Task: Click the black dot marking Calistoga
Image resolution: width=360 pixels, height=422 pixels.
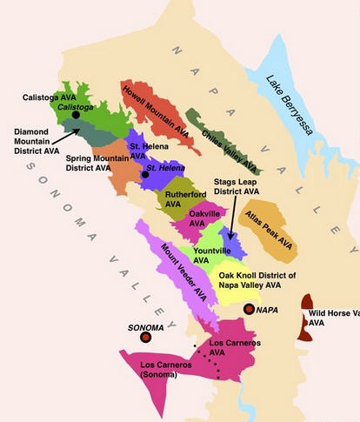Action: [77, 114]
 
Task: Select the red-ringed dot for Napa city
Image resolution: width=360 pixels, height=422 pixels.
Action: [249, 309]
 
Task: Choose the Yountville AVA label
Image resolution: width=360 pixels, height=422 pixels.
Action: [212, 254]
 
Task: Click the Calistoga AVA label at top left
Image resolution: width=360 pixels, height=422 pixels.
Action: [49, 97]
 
